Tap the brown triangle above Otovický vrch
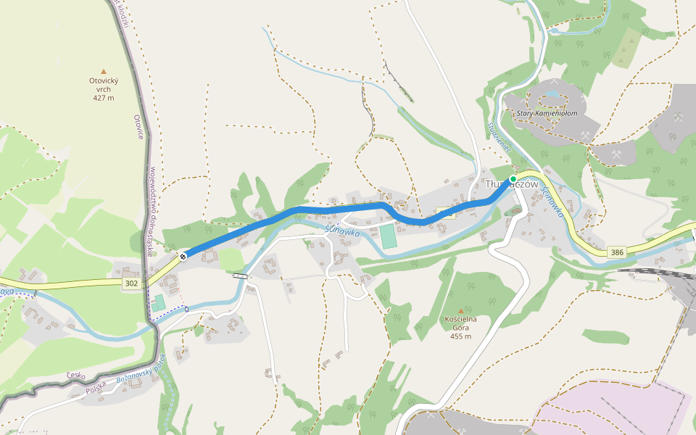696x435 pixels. pyautogui.click(x=104, y=72)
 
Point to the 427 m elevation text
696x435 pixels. pyautogui.click(x=104, y=98)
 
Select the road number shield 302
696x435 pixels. pyautogui.click(x=131, y=282)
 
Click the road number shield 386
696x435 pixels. pyautogui.click(x=617, y=252)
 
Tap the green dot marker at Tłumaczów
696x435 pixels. pyautogui.click(x=513, y=178)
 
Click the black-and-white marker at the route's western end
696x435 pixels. pyautogui.click(x=183, y=255)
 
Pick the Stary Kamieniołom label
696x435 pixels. pyautogui.click(x=547, y=113)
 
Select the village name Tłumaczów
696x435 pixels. pyautogui.click(x=511, y=185)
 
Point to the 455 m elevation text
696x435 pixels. pyautogui.click(x=460, y=336)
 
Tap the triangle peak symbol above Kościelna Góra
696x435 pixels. pyautogui.click(x=460, y=310)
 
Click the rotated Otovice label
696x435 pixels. pyautogui.click(x=140, y=127)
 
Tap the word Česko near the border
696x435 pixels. pyautogui.click(x=75, y=376)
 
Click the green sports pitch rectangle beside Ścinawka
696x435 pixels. pyautogui.click(x=389, y=236)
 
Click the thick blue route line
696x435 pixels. pyautogui.click(x=341, y=207)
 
